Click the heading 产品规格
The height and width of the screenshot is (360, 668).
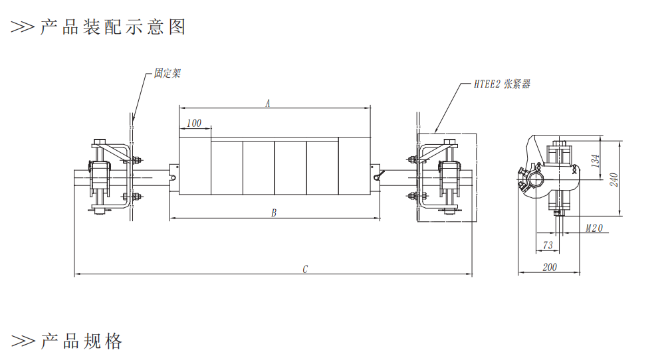tap(81, 341)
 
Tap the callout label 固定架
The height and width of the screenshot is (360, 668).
tap(167, 73)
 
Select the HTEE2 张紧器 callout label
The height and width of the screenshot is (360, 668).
tap(502, 84)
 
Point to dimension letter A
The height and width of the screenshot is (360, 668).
tap(268, 103)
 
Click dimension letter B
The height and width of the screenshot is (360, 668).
tap(274, 213)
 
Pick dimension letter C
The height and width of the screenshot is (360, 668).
tap(305, 269)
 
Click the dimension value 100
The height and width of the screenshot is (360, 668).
tap(194, 123)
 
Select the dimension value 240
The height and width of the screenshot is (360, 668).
tap(615, 179)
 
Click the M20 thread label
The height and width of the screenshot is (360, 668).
tap(594, 228)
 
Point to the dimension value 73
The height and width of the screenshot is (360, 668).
tap(548, 246)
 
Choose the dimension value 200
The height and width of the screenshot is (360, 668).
tap(550, 267)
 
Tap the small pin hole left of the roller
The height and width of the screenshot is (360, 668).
tap(173, 178)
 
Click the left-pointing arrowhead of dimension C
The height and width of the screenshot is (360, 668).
tap(76, 274)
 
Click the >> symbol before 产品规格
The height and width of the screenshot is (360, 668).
tap(23, 341)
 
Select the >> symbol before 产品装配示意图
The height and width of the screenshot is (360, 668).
tap(23, 27)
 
